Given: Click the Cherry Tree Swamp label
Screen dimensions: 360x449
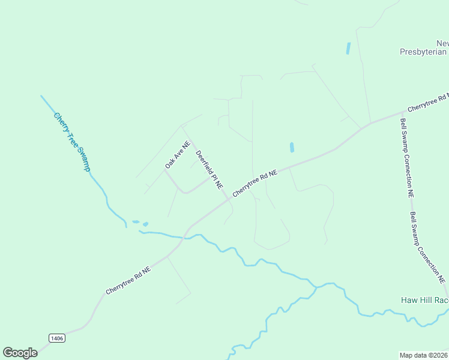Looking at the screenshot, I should pyautogui.click(x=71, y=142).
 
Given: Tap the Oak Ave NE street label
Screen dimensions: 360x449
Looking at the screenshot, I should pyautogui.click(x=178, y=154).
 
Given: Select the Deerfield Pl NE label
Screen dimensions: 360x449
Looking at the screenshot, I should pyautogui.click(x=210, y=170).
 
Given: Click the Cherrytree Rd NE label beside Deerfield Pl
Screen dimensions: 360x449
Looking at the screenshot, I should pyautogui.click(x=255, y=183).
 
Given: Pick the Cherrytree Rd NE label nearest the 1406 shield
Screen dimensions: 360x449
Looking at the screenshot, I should pyautogui.click(x=128, y=281).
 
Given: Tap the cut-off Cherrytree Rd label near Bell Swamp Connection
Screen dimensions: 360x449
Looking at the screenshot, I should pyautogui.click(x=427, y=103).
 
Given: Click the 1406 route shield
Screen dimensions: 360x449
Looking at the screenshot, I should pyautogui.click(x=57, y=338).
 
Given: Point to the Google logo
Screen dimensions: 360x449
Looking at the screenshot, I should pyautogui.click(x=20, y=353).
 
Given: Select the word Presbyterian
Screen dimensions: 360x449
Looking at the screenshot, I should pyautogui.click(x=424, y=52).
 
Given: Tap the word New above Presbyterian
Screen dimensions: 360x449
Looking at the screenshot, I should pyautogui.click(x=442, y=43).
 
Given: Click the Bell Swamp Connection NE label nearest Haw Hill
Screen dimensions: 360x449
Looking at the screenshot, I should pyautogui.click(x=427, y=247).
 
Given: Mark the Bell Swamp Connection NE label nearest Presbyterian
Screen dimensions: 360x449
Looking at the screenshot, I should pyautogui.click(x=407, y=158).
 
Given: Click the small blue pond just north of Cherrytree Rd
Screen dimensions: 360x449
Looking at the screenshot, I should pyautogui.click(x=292, y=147).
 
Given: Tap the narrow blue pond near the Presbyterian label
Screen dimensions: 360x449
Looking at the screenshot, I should pyautogui.click(x=348, y=49).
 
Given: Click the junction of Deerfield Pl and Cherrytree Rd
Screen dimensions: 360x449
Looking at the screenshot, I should pyautogui.click(x=229, y=199).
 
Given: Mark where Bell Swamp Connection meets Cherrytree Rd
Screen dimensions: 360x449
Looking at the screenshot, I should pyautogui.click(x=400, y=112).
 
